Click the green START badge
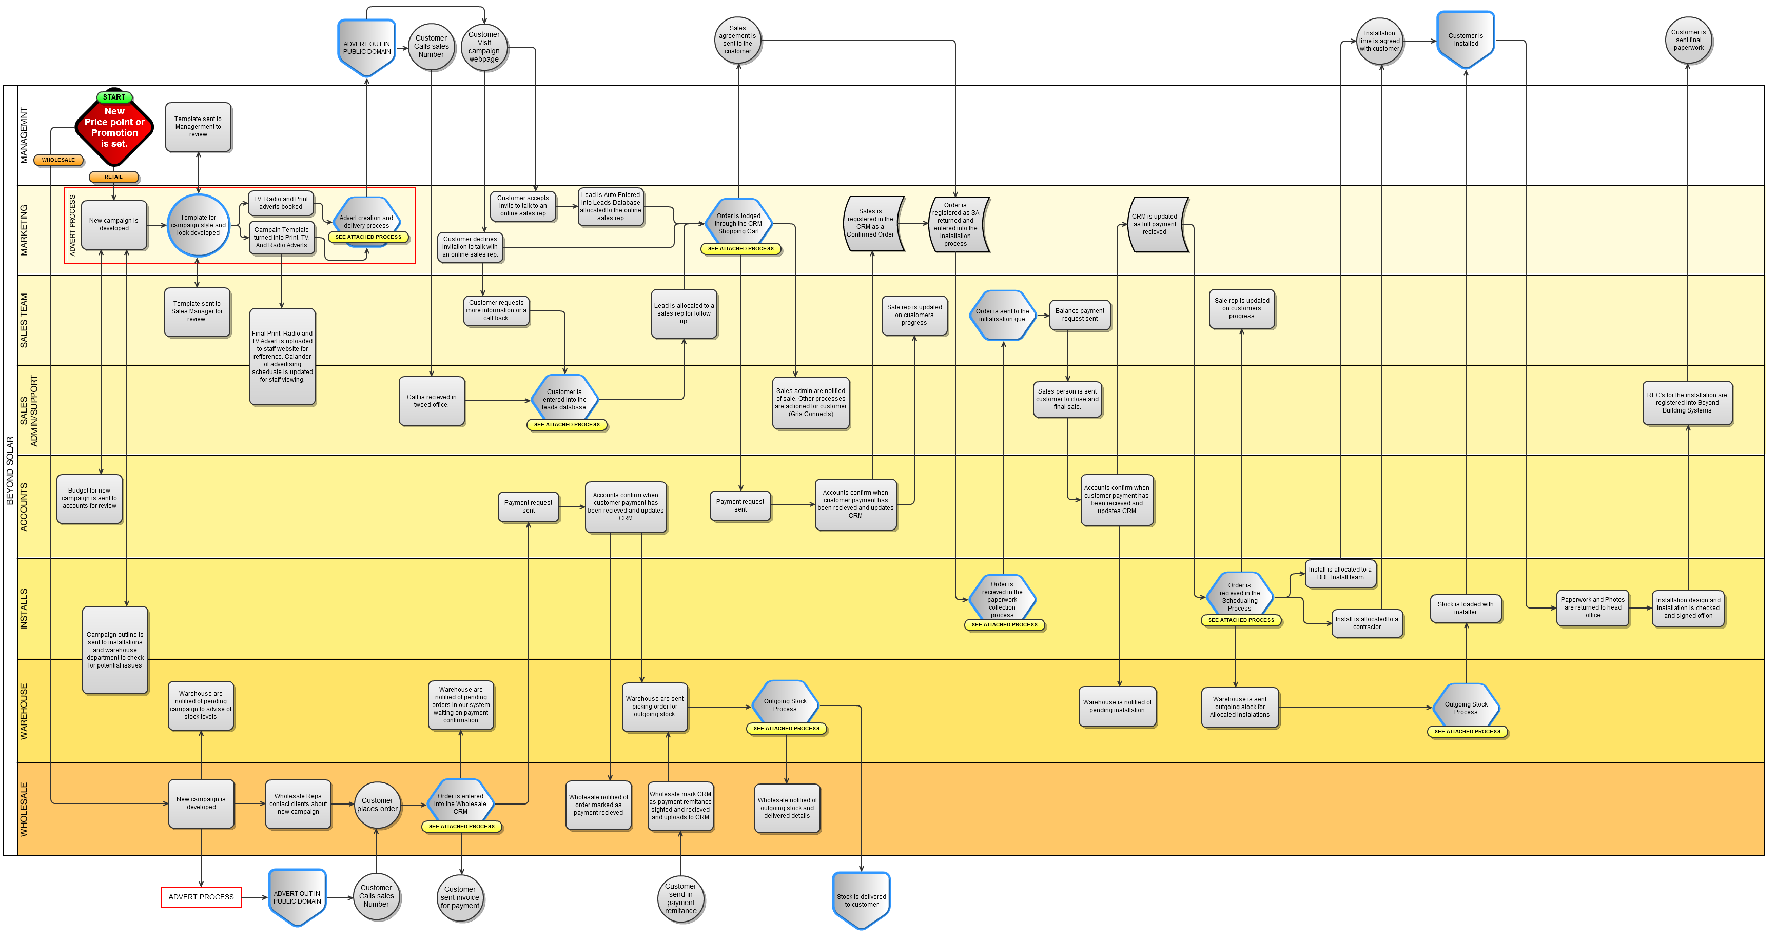[x=114, y=97]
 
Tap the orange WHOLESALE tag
[x=58, y=160]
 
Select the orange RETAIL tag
[x=114, y=177]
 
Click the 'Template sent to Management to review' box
[x=198, y=127]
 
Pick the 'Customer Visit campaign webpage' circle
[x=484, y=47]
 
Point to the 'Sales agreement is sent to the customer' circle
[x=738, y=40]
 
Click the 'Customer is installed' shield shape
[x=1466, y=40]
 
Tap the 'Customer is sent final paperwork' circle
[x=1688, y=40]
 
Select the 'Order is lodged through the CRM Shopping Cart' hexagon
[x=738, y=223]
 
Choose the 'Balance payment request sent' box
[x=1080, y=315]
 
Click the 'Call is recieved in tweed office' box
[x=432, y=401]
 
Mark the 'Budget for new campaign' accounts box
[x=90, y=498]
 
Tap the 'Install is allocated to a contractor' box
[x=1367, y=623]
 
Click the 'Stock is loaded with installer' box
[x=1466, y=608]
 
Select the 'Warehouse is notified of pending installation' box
[x=1117, y=707]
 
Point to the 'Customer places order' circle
[x=377, y=805]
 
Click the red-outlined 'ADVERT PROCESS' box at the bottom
[x=201, y=897]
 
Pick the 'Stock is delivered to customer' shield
[x=861, y=899]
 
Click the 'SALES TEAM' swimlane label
[x=24, y=321]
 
